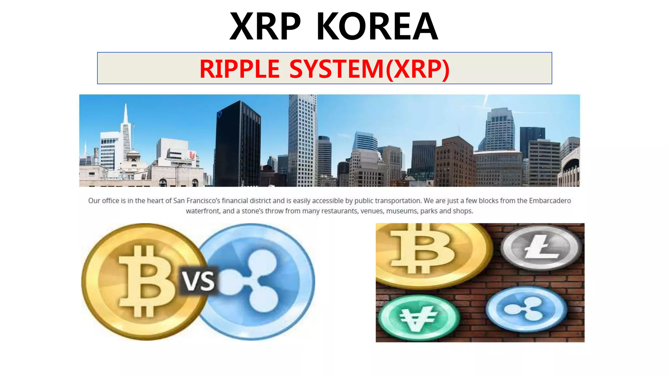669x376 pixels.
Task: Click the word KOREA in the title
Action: pyautogui.click(x=377, y=26)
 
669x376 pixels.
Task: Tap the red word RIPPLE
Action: pyautogui.click(x=239, y=69)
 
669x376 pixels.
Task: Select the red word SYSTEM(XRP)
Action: pyautogui.click(x=369, y=69)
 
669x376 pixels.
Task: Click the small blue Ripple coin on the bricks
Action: pyautogui.click(x=526, y=308)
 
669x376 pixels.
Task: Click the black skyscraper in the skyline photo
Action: pyautogui.click(x=237, y=144)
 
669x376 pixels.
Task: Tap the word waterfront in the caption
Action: pyautogui.click(x=203, y=211)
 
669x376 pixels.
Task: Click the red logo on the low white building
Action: pyautogui.click(x=192, y=155)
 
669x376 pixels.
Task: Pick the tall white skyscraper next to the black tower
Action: pyautogui.click(x=302, y=140)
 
